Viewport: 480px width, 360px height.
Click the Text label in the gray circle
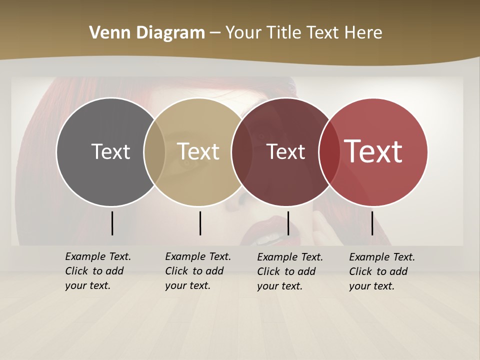tap(110, 151)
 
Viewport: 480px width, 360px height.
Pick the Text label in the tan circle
tap(198, 151)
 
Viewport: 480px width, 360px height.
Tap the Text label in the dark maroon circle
tap(285, 151)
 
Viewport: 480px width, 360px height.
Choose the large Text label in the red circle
tap(373, 151)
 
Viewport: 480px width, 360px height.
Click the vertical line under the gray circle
tap(112, 223)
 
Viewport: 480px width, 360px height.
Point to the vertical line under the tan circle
tap(200, 223)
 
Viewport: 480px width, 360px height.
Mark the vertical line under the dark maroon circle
tap(288, 223)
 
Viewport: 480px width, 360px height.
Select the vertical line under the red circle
tap(372, 223)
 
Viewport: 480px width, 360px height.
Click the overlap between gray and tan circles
tap(154, 151)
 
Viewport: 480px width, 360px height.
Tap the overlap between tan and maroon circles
tap(242, 151)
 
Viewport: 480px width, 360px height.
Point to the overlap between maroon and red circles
tap(328, 151)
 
